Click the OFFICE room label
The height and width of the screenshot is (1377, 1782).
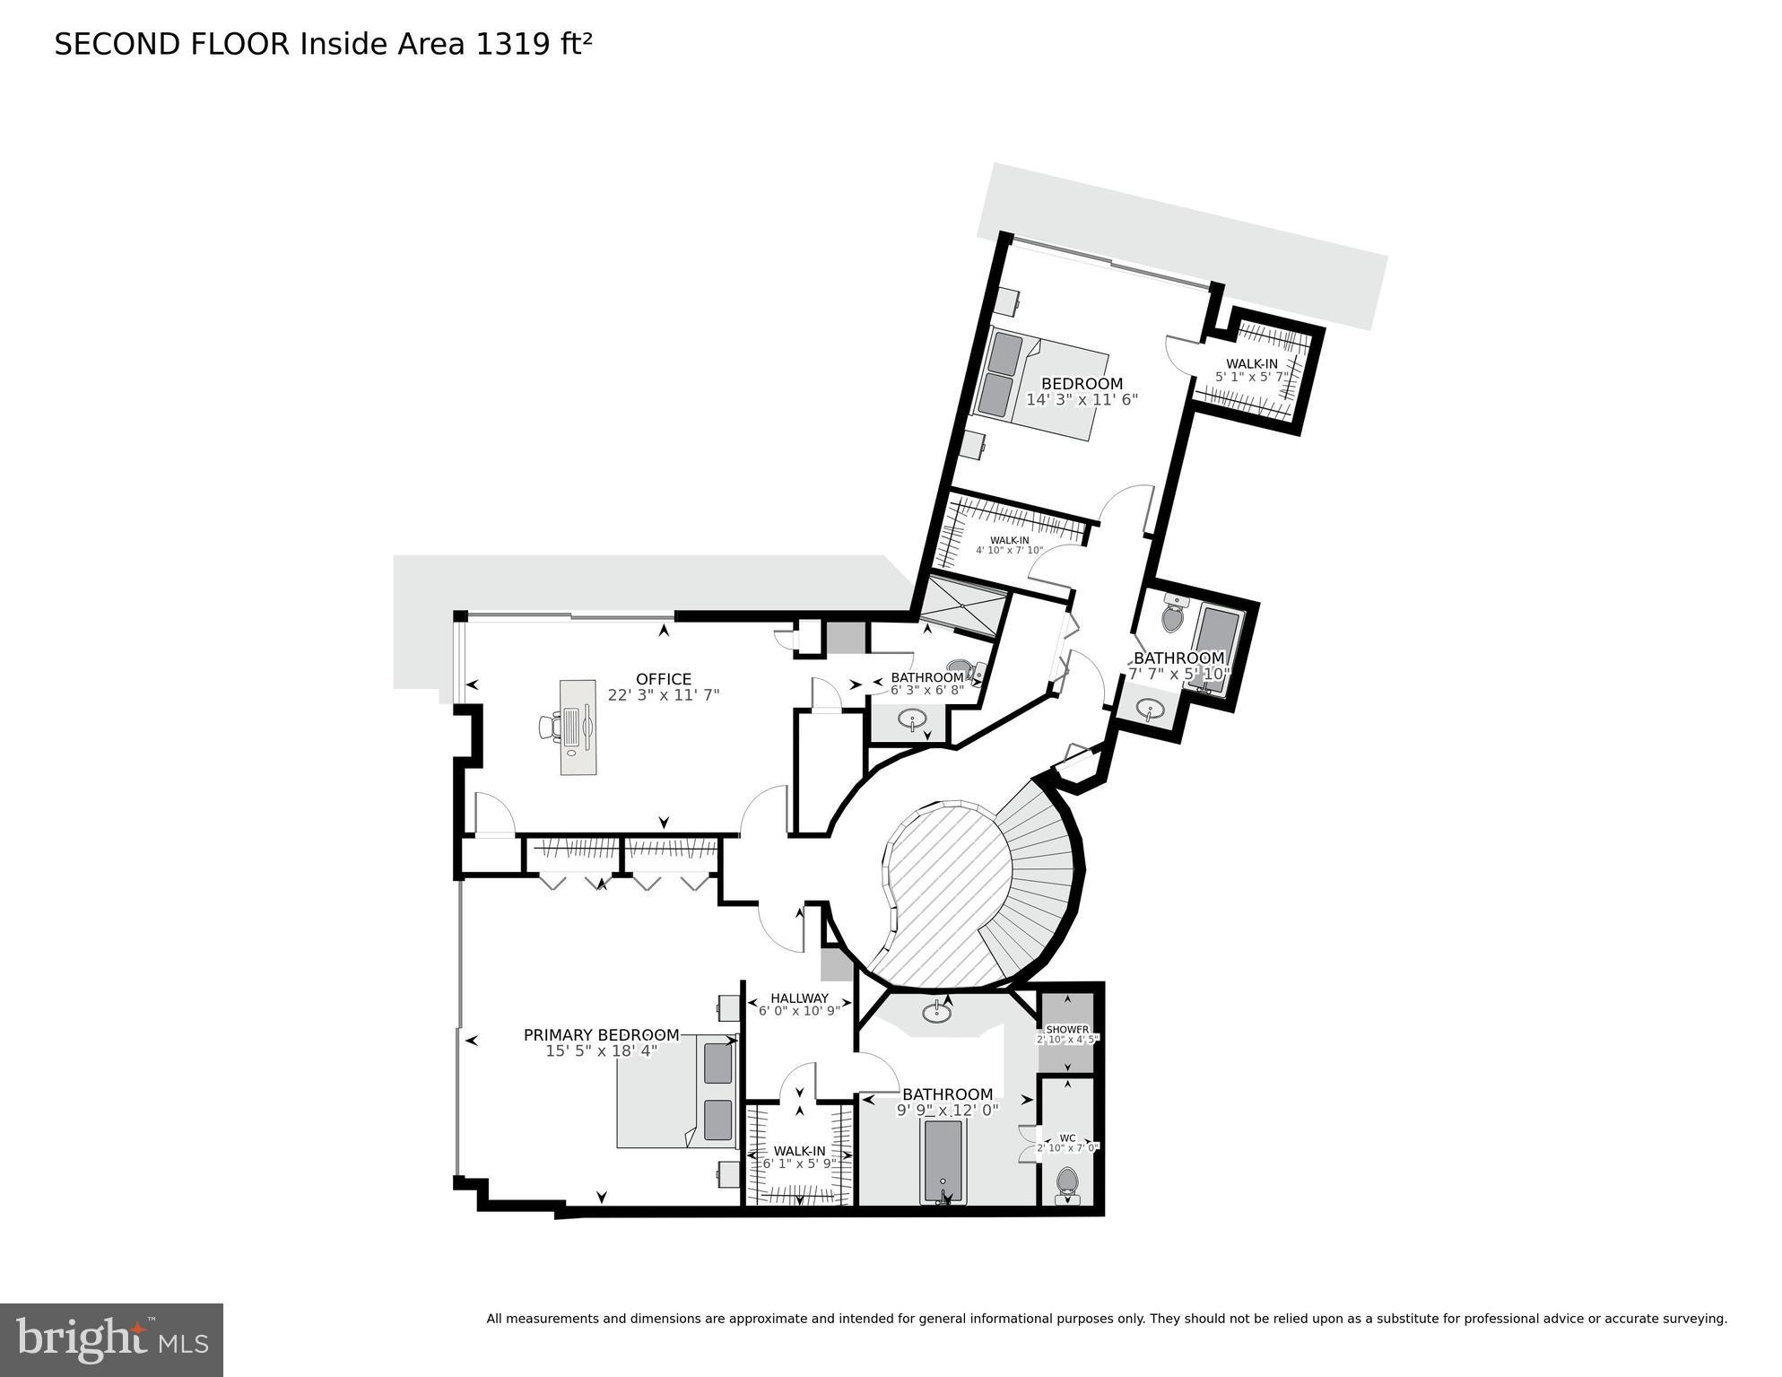663,679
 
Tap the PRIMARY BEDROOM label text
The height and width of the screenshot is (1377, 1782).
601,1035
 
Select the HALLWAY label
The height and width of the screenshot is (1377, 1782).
799,998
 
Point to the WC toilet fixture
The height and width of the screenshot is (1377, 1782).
1066,1181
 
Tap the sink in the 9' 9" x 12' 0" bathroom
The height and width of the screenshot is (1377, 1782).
937,1013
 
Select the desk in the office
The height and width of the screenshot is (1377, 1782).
578,727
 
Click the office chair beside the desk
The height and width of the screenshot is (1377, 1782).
550,726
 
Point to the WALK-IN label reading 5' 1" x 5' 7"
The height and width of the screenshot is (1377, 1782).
1252,363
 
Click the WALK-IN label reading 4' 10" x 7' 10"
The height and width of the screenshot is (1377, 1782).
1009,540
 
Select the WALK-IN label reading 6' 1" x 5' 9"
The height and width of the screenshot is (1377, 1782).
799,1151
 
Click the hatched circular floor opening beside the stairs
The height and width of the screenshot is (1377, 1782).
951,897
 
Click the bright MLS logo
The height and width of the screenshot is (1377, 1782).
111,1339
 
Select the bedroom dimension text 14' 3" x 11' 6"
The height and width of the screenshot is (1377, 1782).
1082,400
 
